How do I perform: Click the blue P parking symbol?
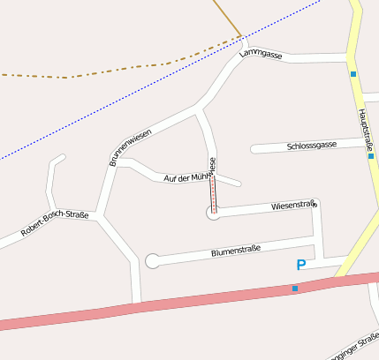(301, 265)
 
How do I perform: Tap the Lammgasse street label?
(261, 55)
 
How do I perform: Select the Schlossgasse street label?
(312, 145)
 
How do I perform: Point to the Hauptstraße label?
(363, 129)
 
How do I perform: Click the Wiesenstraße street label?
(292, 206)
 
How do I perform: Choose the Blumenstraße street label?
(236, 251)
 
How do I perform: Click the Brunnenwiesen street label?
(130, 146)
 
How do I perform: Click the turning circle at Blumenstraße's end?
(153, 260)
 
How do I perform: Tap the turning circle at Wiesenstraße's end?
(213, 212)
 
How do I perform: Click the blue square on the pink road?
(295, 288)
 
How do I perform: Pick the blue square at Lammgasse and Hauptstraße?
(352, 74)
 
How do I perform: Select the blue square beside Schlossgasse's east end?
(371, 156)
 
